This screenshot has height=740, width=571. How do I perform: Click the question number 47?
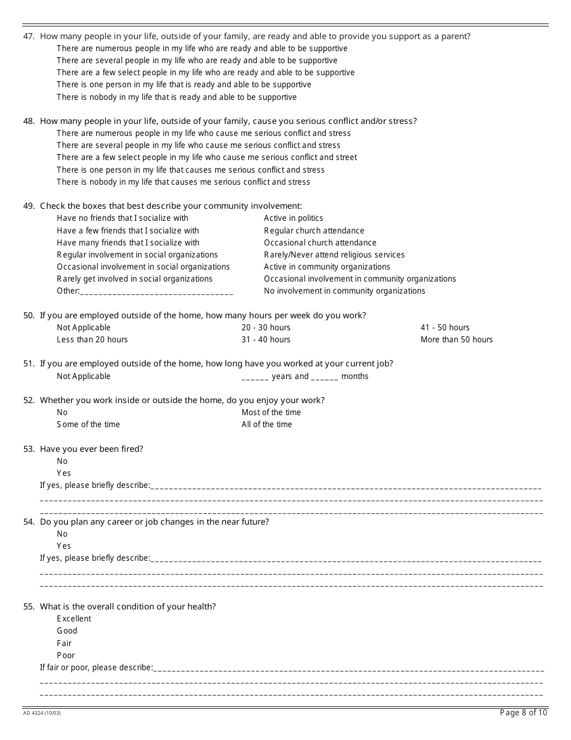pos(28,36)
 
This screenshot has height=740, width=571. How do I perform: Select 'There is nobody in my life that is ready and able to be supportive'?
pos(176,97)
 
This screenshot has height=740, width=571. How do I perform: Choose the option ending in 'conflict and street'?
pos(206,158)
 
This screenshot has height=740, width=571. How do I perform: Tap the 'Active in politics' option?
pos(293,218)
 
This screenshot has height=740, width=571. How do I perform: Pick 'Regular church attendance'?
pos(314,230)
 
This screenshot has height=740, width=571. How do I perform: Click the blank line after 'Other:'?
pos(156,292)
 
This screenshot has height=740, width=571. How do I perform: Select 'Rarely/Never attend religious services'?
pos(334,255)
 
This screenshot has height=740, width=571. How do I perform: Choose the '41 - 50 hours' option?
pos(445,328)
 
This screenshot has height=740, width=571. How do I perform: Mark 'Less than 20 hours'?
pos(92,340)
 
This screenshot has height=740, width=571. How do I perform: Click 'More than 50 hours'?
pos(456,340)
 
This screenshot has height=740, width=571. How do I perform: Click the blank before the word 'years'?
pos(255,377)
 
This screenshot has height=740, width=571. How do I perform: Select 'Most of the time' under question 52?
pos(271,413)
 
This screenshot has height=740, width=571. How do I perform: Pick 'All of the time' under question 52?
pos(266,425)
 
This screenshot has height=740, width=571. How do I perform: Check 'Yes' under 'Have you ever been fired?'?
pos(64,473)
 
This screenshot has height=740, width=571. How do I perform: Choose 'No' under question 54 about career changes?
pos(62,534)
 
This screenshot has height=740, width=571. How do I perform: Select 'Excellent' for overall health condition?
pos(74,619)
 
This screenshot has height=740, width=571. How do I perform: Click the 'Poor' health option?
pos(66,656)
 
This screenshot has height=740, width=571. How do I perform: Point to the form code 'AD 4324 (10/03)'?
pos(41,714)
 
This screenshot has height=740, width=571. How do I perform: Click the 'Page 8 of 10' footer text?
pos(524,713)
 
